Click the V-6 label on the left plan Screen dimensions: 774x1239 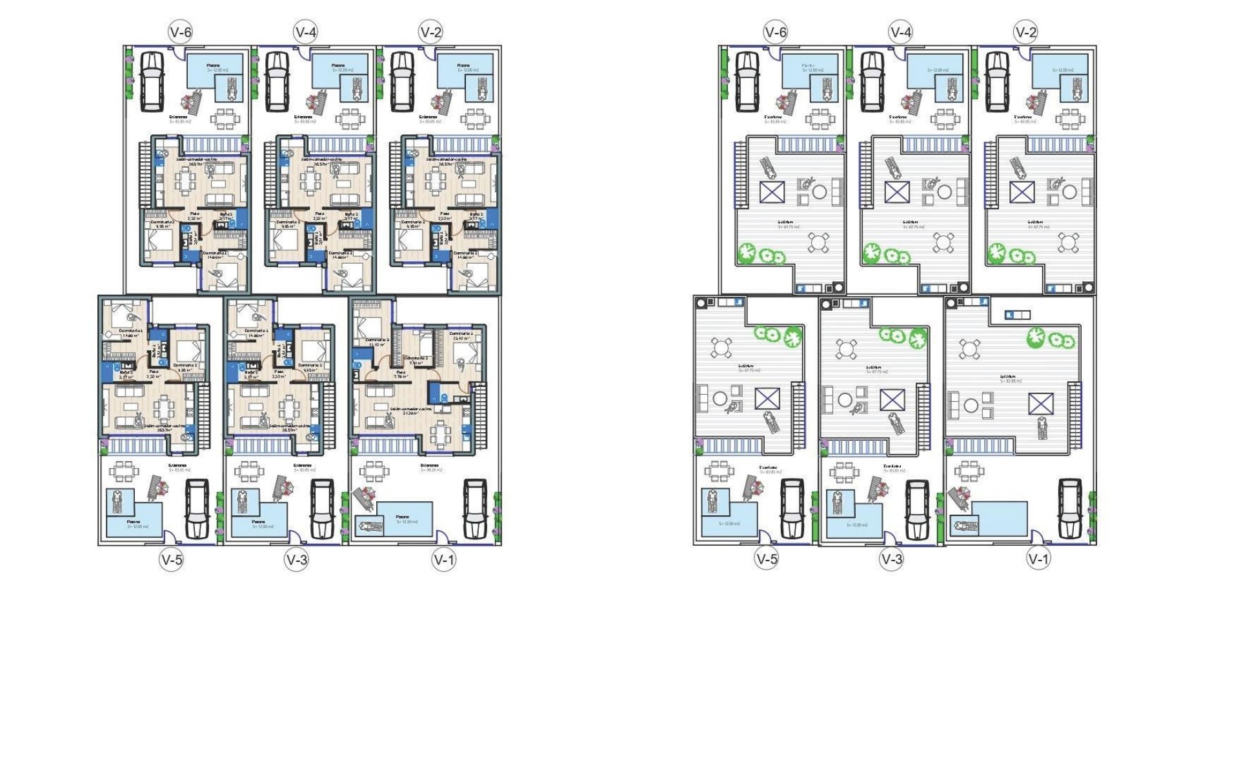180,32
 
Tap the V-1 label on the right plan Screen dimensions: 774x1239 1039,559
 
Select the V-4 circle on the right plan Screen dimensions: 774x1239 900,32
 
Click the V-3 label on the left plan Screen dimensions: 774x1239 297,559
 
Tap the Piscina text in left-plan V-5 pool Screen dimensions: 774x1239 134,522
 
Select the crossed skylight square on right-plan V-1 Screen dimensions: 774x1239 1041,404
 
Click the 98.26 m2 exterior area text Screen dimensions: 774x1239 432,470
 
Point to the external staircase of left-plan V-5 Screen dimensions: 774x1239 204,413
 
